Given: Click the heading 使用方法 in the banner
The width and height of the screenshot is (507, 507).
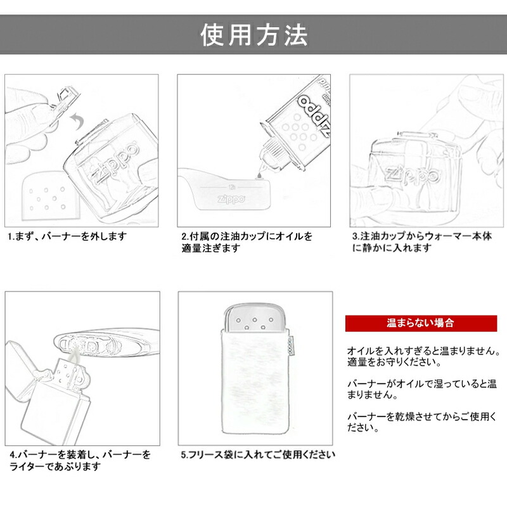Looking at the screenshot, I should coord(253,35).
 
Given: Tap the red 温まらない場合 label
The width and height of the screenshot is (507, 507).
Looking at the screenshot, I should coord(420,323).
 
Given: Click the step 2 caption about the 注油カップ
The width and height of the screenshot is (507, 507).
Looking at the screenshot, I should coord(247,242).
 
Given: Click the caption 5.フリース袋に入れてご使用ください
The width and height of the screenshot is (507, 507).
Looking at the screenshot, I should coord(257,455).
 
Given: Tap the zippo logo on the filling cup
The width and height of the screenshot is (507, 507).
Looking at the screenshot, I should coord(232,198).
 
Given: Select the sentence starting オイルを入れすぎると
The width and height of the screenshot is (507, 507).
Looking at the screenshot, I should coord(423,357).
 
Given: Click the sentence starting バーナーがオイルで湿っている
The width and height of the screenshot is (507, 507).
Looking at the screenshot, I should coord(421,390).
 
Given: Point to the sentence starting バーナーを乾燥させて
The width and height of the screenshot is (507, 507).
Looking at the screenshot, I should coord(421,422).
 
